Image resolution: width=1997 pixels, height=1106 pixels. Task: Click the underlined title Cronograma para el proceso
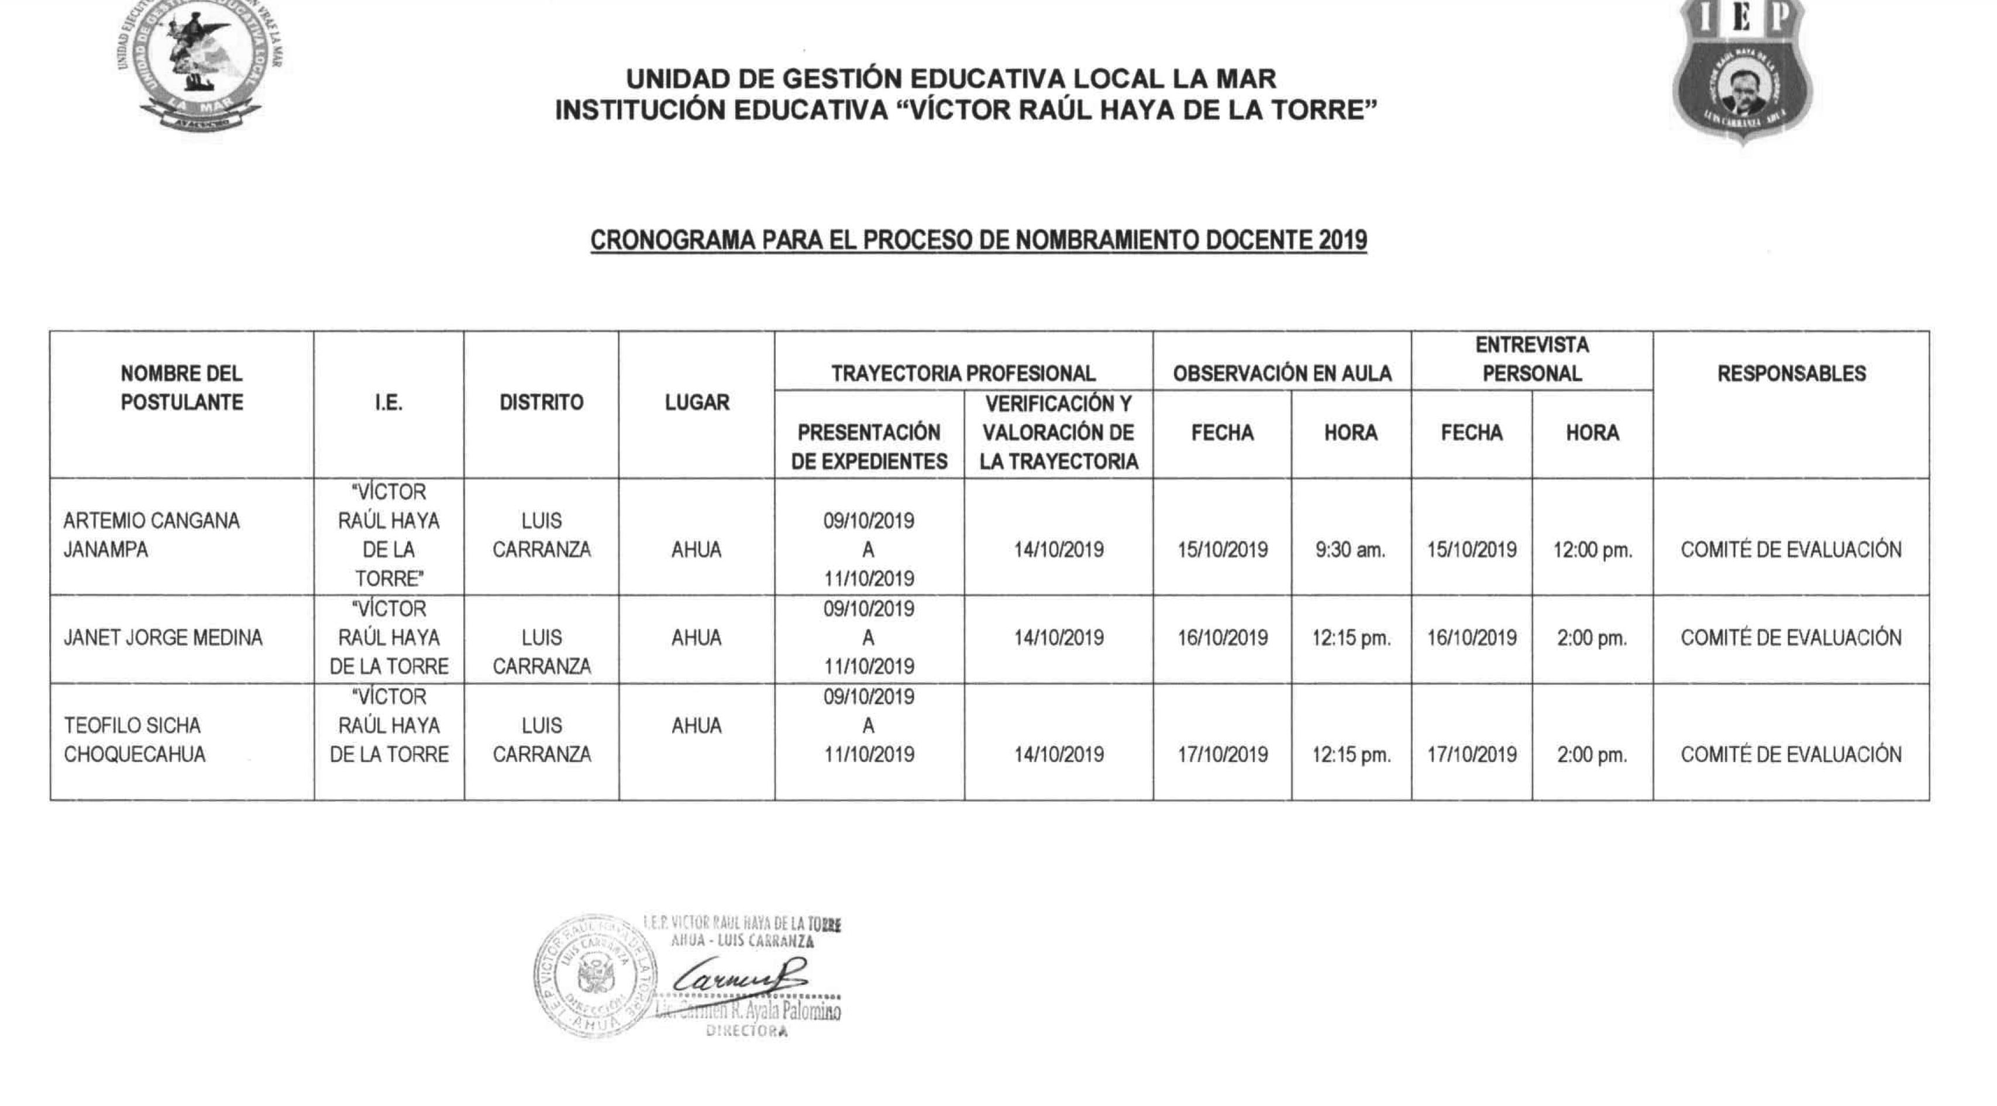tap(979, 240)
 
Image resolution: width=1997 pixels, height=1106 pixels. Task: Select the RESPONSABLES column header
tap(1791, 374)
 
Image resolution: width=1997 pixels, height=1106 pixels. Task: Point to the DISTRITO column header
tap(541, 402)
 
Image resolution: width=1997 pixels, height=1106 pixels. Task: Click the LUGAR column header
tap(696, 402)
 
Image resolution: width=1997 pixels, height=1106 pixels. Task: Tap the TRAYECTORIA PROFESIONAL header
tap(963, 374)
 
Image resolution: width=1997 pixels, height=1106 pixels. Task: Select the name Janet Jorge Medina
tap(163, 638)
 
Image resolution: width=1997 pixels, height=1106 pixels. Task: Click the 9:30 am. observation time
tap(1349, 550)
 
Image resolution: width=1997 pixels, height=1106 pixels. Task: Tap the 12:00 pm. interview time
tap(1592, 550)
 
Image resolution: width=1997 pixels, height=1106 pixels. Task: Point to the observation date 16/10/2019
tap(1222, 638)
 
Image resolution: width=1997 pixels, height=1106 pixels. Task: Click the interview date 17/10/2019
tap(1471, 754)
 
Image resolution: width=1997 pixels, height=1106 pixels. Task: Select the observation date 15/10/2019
tap(1222, 550)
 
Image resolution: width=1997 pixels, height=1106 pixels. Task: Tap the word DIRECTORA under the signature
tap(746, 1032)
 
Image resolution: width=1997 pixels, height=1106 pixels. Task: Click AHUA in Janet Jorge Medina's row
tap(696, 638)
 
